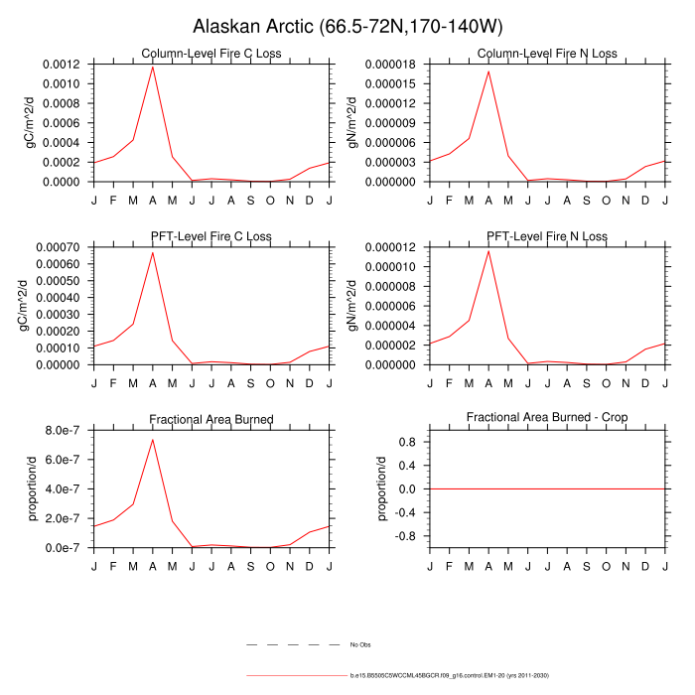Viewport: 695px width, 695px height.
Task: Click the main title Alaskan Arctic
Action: pyautogui.click(x=347, y=26)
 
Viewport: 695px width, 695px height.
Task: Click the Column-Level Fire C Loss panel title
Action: pyautogui.click(x=211, y=54)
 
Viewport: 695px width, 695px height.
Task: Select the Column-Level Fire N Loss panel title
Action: pyautogui.click(x=547, y=54)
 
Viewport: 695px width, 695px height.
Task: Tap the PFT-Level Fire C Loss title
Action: pyautogui.click(x=211, y=236)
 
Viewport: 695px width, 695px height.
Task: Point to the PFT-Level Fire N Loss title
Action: pyautogui.click(x=547, y=236)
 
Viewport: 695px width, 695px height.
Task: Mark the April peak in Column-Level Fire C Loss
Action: pyautogui.click(x=153, y=66)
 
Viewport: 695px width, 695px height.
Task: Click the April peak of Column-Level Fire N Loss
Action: pyautogui.click(x=488, y=71)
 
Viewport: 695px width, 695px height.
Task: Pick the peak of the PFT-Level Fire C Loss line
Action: pyautogui.click(x=153, y=252)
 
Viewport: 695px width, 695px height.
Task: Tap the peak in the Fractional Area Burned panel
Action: pyautogui.click(x=153, y=439)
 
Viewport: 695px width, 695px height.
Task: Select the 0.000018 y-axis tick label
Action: pyautogui.click(x=392, y=65)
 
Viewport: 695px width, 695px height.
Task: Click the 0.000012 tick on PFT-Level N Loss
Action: pyautogui.click(x=392, y=247)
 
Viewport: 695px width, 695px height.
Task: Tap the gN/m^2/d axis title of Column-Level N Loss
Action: pyautogui.click(x=352, y=123)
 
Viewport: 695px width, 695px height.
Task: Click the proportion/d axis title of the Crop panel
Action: pyautogui.click(x=381, y=488)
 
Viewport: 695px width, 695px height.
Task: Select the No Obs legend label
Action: pyautogui.click(x=358, y=645)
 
